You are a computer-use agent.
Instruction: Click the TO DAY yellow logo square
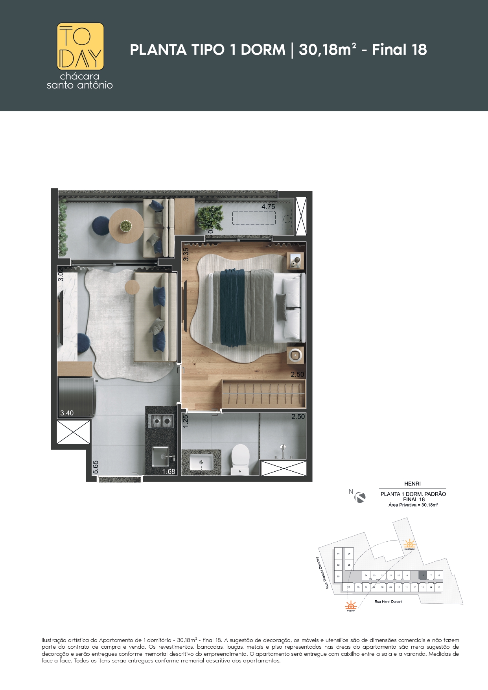pyautogui.click(x=81, y=46)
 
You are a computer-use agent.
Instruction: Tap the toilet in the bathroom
pyautogui.click(x=240, y=458)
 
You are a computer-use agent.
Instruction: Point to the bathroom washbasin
pyautogui.click(x=202, y=462)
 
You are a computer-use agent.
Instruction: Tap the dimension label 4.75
pyautogui.click(x=268, y=207)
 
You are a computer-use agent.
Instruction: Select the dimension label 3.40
pyautogui.click(x=67, y=413)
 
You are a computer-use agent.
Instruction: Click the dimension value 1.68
pyautogui.click(x=169, y=471)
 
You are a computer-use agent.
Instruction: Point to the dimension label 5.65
pyautogui.click(x=96, y=467)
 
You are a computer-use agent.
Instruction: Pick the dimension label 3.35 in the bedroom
pyautogui.click(x=186, y=254)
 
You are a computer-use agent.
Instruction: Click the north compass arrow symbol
pyautogui.click(x=360, y=497)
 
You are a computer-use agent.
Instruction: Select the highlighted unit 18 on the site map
pyautogui.click(x=423, y=575)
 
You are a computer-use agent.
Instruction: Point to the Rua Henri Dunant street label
pyautogui.click(x=389, y=601)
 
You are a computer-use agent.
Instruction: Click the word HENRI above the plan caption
pyautogui.click(x=412, y=484)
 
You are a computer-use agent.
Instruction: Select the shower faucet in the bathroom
pyautogui.click(x=282, y=451)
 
